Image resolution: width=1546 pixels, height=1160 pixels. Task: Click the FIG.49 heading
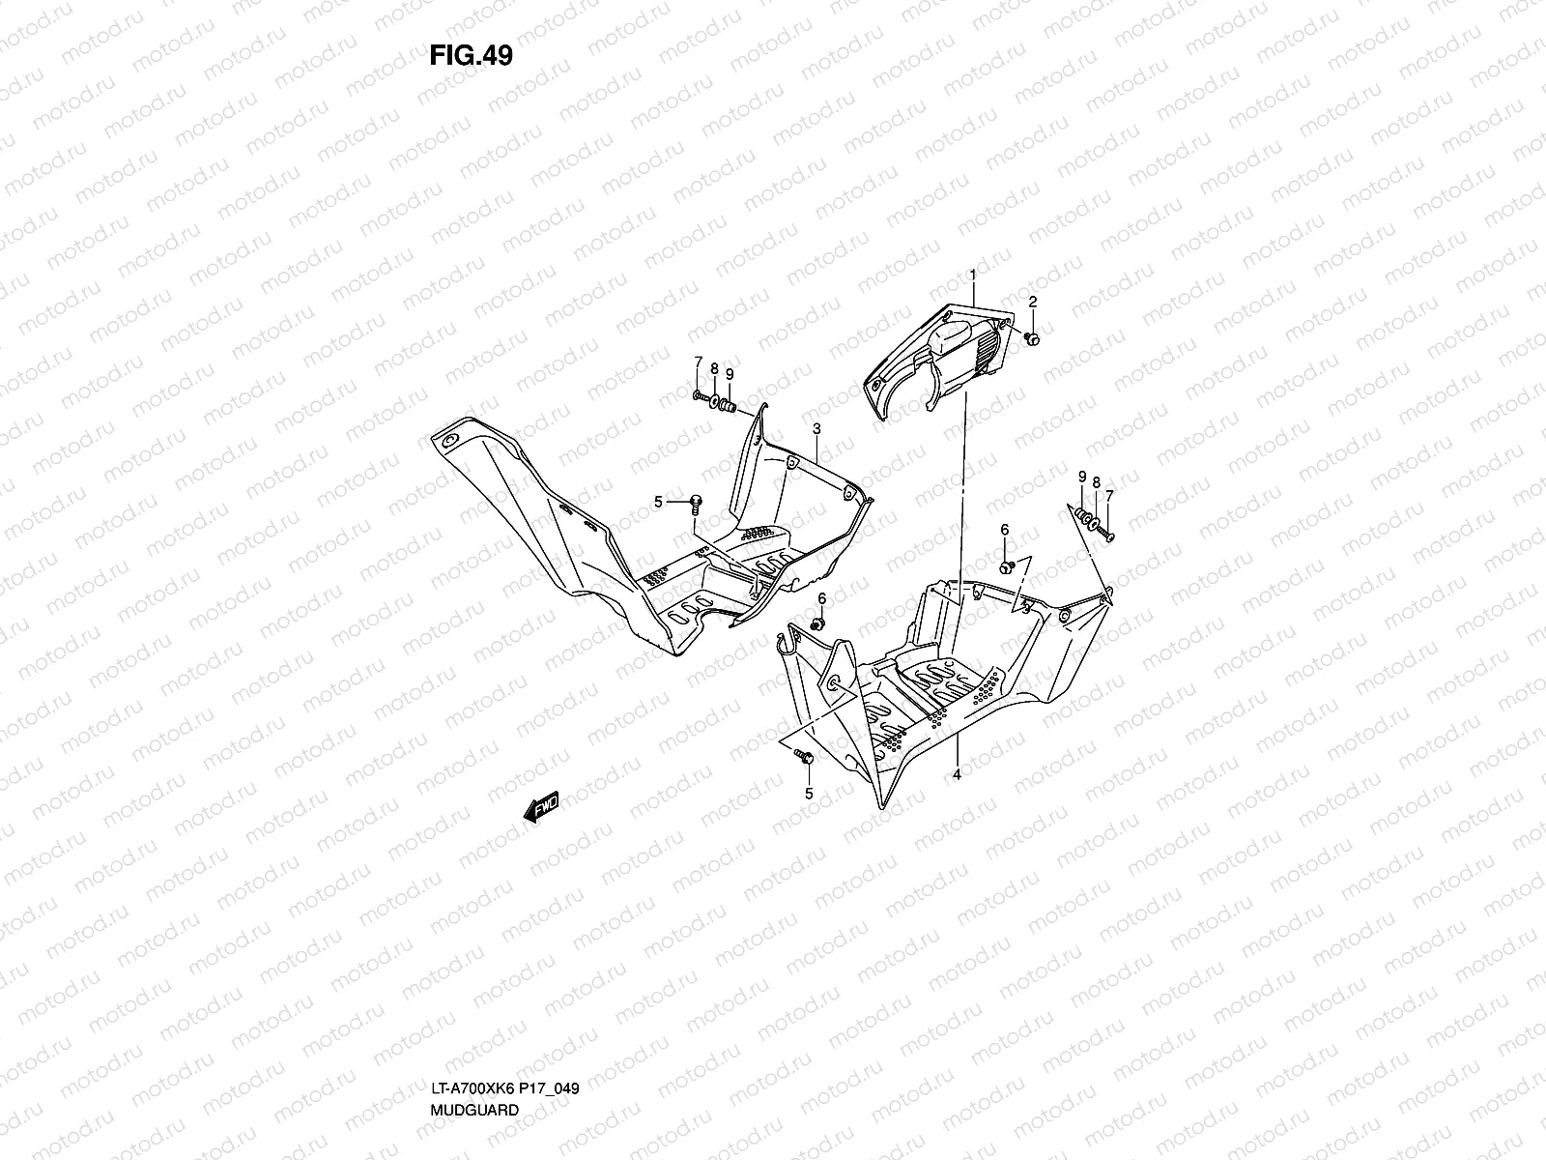pyautogui.click(x=471, y=56)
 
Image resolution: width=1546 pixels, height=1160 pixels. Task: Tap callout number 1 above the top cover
pyautogui.click(x=973, y=194)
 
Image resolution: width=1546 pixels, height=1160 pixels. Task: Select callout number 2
pyautogui.click(x=1032, y=221)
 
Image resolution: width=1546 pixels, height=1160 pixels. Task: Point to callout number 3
pyautogui.click(x=816, y=428)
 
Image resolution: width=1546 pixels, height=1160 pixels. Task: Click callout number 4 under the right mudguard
pyautogui.click(x=956, y=774)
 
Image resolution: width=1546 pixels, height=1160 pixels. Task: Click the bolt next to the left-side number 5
pyautogui.click(x=695, y=500)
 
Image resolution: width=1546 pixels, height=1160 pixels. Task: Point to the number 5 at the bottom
pyautogui.click(x=809, y=794)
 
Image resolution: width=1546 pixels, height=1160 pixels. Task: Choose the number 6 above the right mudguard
pyautogui.click(x=1005, y=530)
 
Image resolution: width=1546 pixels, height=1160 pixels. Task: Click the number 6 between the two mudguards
pyautogui.click(x=822, y=598)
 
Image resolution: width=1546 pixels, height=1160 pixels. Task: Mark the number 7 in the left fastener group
pyautogui.click(x=698, y=362)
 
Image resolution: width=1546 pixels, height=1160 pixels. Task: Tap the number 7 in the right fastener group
pyautogui.click(x=1110, y=496)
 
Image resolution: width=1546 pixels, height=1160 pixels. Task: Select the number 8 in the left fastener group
pyautogui.click(x=714, y=368)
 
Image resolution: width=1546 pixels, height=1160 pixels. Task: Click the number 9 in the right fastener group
pyautogui.click(x=1082, y=477)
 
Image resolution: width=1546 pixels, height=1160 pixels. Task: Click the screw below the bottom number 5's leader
pyautogui.click(x=805, y=758)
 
